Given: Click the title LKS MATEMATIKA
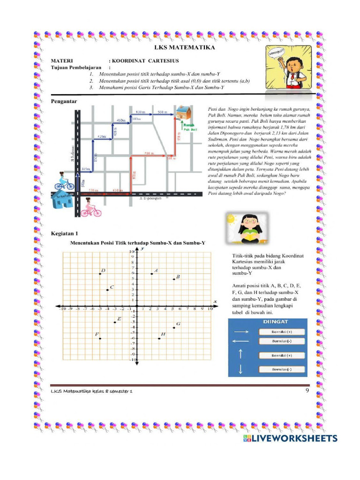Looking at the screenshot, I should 185,48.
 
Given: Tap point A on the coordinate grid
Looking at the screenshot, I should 151,274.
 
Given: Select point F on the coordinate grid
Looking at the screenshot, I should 100,338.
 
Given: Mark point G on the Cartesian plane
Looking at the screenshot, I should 173,328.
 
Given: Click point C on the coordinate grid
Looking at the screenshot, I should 107,290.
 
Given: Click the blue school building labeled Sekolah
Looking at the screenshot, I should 62,200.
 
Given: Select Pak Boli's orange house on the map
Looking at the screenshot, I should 182,112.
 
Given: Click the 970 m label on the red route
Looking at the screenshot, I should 135,175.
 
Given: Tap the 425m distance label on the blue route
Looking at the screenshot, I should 101,136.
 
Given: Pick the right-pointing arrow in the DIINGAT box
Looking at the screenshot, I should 240,331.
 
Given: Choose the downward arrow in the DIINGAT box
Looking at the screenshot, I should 240,369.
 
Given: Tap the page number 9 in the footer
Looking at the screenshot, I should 307,390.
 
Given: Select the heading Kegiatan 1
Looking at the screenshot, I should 64,233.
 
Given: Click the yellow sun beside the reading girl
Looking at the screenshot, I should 230,218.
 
